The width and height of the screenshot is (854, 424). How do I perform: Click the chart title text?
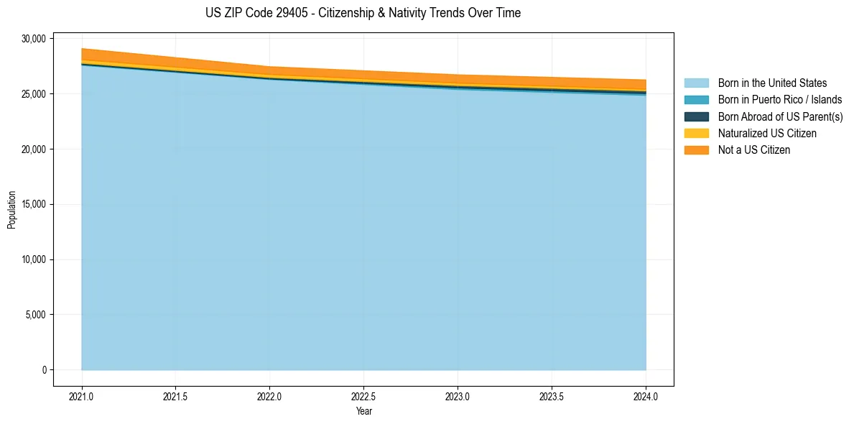tap(363, 13)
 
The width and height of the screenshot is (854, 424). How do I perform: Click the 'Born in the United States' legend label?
tap(772, 83)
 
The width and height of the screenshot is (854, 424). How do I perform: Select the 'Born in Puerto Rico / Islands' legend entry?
tap(780, 100)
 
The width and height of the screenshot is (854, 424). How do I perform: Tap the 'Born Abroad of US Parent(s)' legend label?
tap(780, 116)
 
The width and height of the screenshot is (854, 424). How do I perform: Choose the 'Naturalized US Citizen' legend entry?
tap(767, 134)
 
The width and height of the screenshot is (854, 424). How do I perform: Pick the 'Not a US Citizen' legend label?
tap(754, 150)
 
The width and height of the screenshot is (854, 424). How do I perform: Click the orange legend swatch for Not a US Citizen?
tap(696, 150)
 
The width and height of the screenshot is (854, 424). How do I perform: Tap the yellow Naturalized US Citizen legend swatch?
tap(696, 134)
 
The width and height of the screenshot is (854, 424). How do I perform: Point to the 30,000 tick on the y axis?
tap(33, 39)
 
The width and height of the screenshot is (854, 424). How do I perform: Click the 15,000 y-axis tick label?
tap(33, 204)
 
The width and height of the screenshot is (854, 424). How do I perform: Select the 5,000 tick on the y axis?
tap(35, 315)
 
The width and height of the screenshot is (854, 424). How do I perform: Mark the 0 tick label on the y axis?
tap(44, 370)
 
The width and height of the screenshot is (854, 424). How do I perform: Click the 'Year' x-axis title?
tap(364, 411)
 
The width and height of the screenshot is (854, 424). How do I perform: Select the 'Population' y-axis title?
tap(11, 210)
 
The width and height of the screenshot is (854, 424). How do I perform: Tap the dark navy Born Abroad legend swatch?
tap(696, 116)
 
